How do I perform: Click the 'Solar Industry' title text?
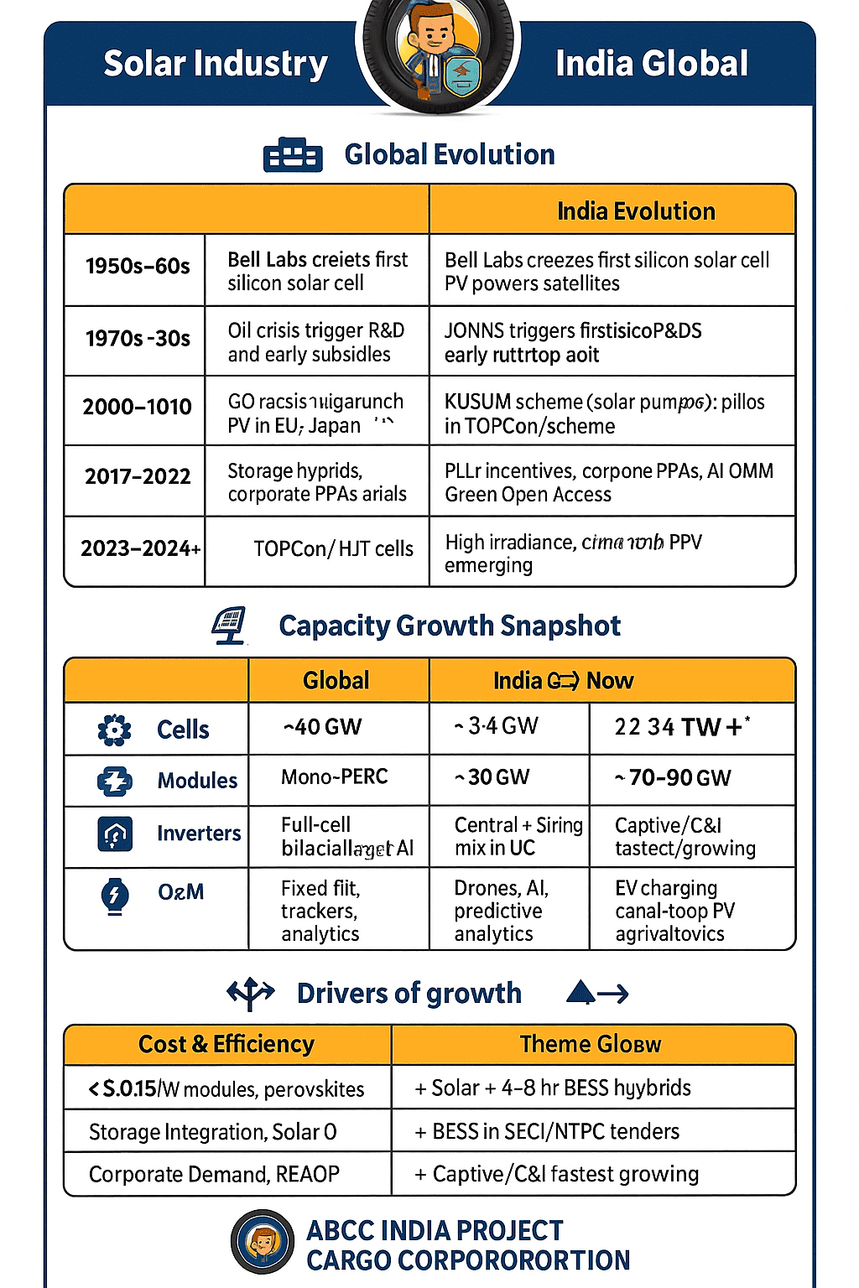216,64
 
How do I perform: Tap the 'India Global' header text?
651,64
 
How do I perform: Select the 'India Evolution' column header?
636,211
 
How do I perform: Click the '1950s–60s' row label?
138,267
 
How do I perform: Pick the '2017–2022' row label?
138,477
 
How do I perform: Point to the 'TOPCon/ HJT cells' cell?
333,549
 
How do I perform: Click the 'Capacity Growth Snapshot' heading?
450,626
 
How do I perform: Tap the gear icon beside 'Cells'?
115,730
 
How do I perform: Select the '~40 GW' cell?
323,727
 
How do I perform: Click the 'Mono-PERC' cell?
334,777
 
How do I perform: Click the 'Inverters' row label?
199,834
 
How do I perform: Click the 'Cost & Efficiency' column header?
226,1045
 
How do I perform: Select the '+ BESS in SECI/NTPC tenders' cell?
547,1132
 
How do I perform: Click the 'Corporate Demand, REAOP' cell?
214,1175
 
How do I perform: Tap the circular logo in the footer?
263,1242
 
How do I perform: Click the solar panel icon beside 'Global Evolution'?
293,155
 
